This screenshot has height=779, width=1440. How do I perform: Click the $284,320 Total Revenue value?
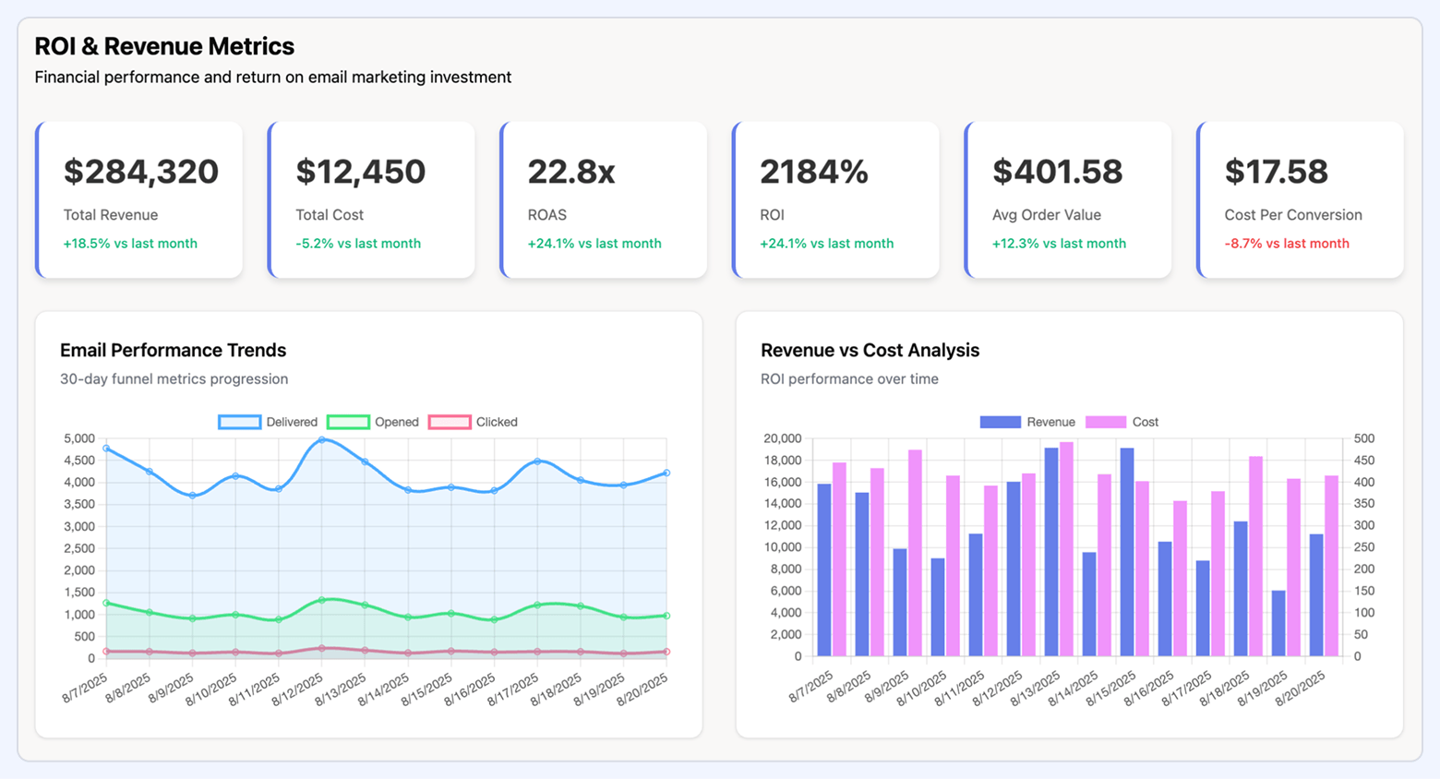[x=140, y=172]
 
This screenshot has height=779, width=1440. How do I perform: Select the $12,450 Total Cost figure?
[x=360, y=172]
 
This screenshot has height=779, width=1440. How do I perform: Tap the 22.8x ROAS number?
[x=570, y=172]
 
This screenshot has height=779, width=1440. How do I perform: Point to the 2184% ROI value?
[x=813, y=172]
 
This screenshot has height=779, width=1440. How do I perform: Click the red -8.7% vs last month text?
[x=1286, y=244]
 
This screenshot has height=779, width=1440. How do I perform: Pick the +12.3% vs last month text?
[x=1058, y=244]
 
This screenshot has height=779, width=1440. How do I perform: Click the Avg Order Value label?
[x=1046, y=215]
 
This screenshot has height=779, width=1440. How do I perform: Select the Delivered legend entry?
[x=268, y=422]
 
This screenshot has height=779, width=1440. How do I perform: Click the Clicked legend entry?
[x=473, y=422]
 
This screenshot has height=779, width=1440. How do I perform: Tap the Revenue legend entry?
[x=1027, y=422]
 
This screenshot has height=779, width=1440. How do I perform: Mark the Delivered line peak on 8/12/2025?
[x=321, y=440]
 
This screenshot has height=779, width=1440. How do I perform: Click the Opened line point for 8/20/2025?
[x=666, y=616]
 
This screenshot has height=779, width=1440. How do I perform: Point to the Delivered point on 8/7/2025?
[x=106, y=449]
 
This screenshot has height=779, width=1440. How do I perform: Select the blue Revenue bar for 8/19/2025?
[x=1278, y=623]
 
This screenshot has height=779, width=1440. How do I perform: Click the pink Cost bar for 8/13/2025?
[x=1066, y=549]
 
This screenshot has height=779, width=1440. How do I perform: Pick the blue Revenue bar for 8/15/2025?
[x=1127, y=552]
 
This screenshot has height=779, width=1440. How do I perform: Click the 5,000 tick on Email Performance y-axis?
[x=78, y=438]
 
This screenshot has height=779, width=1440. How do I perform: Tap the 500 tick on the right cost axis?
[x=1363, y=438]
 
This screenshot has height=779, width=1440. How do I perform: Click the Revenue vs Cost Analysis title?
[x=870, y=351]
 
